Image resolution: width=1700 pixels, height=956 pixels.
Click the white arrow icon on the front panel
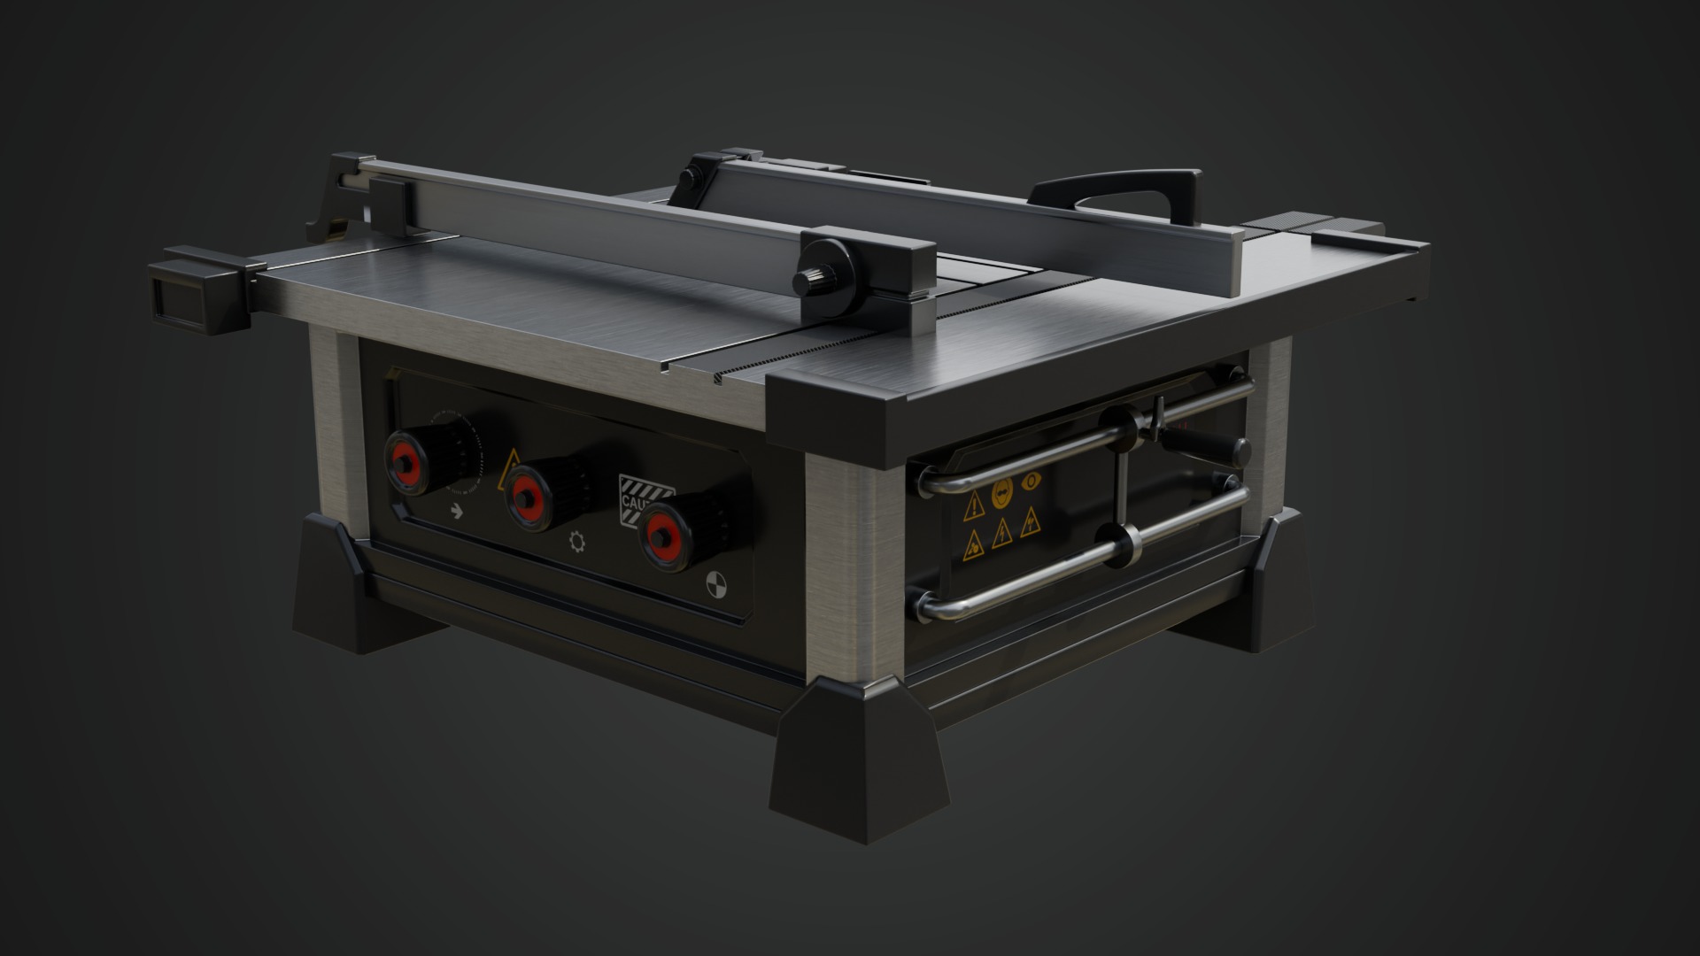click(x=457, y=510)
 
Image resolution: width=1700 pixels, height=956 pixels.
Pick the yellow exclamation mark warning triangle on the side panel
click(x=974, y=505)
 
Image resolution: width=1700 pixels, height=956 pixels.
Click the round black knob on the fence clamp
click(x=811, y=280)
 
